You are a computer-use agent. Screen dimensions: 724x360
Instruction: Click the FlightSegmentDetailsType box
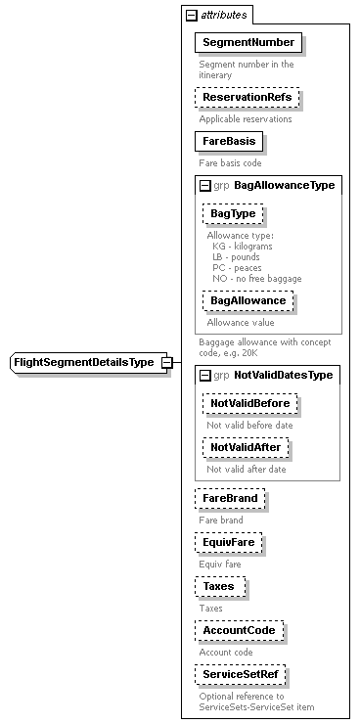[83, 363]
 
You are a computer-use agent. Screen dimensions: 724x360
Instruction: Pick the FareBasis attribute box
[229, 141]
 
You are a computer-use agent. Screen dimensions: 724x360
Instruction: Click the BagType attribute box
[233, 213]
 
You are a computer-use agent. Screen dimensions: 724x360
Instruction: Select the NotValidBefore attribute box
[250, 403]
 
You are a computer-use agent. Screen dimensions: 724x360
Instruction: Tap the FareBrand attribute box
[230, 499]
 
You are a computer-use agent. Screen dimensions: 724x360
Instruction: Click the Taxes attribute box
[219, 587]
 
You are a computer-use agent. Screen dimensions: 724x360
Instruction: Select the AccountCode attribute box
[239, 631]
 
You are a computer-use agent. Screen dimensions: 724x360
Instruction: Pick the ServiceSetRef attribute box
[244, 675]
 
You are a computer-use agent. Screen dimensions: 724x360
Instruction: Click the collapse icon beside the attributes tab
[191, 16]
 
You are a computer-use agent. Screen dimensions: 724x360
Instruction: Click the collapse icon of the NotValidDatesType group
[204, 375]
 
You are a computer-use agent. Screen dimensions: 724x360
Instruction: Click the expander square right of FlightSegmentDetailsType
[167, 363]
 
